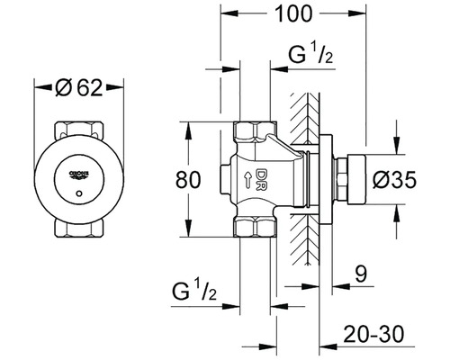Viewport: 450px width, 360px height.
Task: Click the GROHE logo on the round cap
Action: pos(76,167)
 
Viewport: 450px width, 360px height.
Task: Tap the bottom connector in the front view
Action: pos(77,229)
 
